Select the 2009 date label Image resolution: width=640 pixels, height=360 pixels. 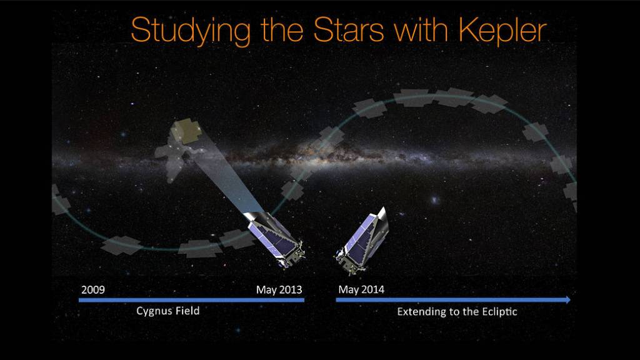pyautogui.click(x=93, y=290)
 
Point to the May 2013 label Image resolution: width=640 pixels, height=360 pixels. pyautogui.click(x=279, y=290)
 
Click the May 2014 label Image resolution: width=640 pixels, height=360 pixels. pyautogui.click(x=361, y=290)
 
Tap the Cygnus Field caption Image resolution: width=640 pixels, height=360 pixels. pyautogui.click(x=168, y=311)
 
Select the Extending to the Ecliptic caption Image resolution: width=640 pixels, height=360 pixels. pyautogui.click(x=457, y=311)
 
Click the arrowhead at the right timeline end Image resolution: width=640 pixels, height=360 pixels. pyautogui.click(x=567, y=300)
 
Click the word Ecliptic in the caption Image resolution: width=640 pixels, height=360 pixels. pyautogui.click(x=497, y=311)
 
